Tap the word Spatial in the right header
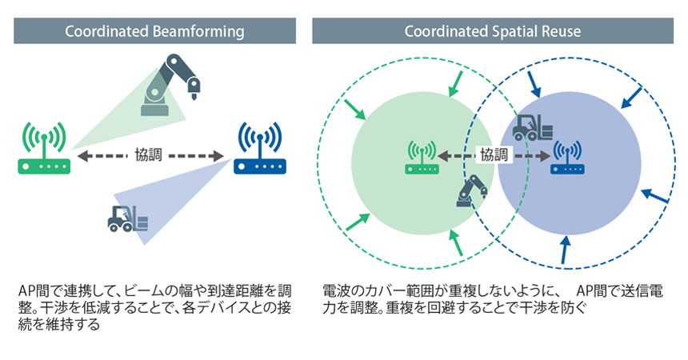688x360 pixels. point(510,32)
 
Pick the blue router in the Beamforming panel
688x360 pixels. point(260,148)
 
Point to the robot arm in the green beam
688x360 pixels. point(170,85)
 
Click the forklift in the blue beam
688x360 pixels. point(128,218)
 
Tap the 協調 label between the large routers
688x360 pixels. point(148,155)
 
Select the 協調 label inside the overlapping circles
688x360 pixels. point(494,155)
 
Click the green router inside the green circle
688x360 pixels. point(422,157)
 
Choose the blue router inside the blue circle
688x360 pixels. point(567,157)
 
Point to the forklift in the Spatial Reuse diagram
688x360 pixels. point(532,127)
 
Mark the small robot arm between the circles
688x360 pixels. point(472,190)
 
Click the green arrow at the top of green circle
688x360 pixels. point(455,84)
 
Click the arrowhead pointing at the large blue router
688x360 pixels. point(218,155)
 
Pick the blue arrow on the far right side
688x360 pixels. point(654,196)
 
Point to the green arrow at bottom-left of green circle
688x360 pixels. point(358,222)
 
